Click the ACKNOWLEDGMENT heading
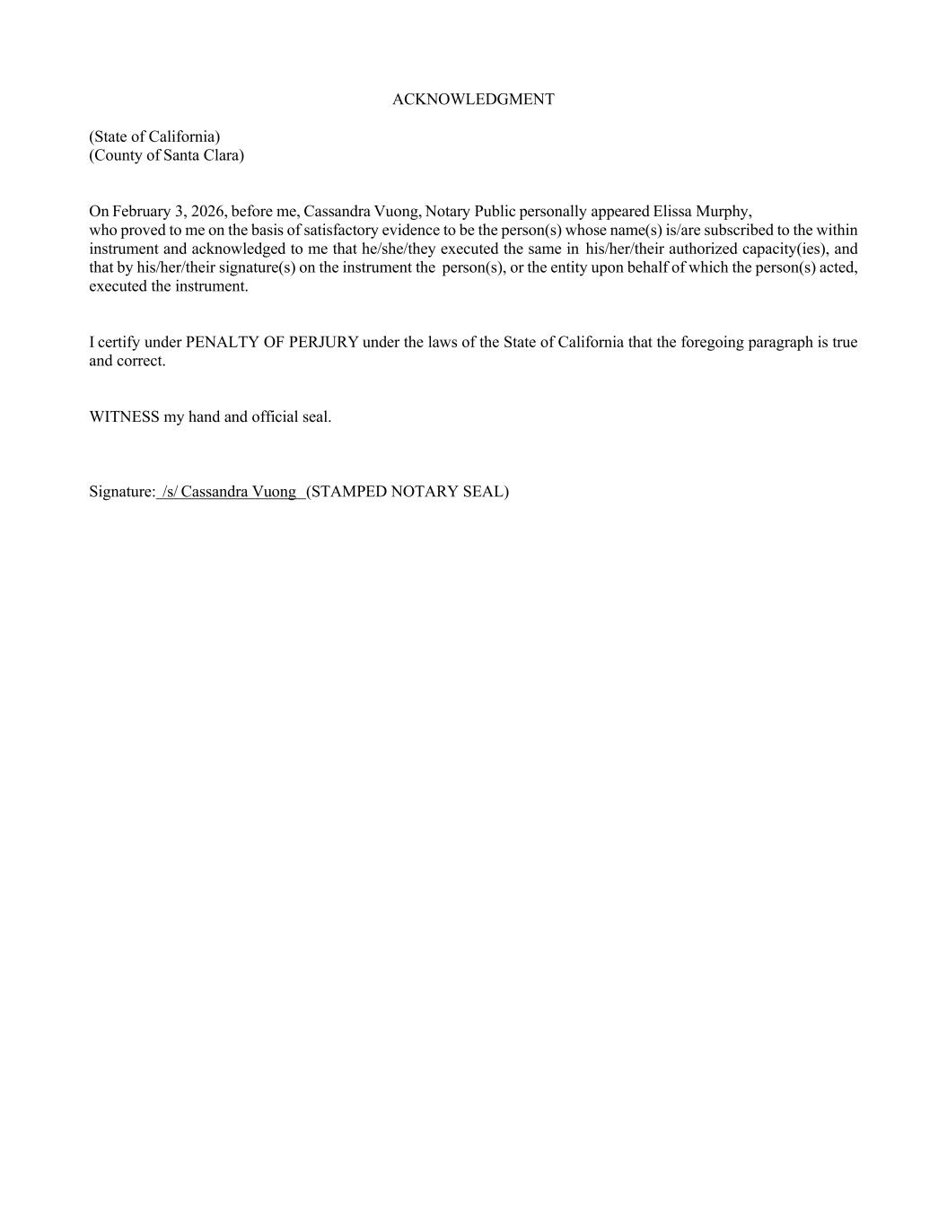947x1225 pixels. coord(473,100)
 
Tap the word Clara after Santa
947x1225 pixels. coord(222,155)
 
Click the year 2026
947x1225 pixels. coord(207,212)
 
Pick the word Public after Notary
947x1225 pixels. coord(495,212)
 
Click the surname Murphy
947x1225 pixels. coord(723,212)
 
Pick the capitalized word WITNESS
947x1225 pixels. coord(124,417)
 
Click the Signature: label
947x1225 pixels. coord(122,492)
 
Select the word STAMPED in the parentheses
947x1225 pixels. coord(347,492)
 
